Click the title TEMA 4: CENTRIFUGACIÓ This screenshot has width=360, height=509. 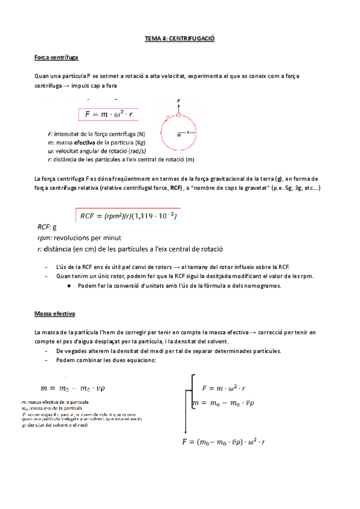(180, 38)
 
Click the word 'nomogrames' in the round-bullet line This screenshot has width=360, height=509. (259, 286)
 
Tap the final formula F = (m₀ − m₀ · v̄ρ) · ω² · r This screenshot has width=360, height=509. (224, 442)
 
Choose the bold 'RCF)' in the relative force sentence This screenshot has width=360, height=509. (176, 188)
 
